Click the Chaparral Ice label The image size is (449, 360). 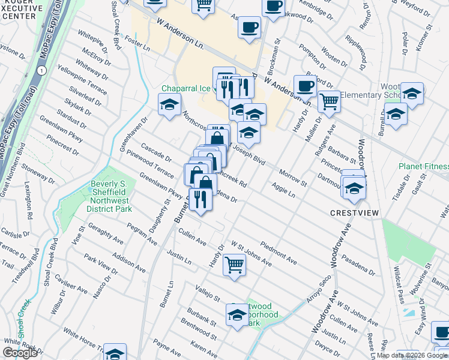coord(185,88)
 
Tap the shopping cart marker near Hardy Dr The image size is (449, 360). coord(234,264)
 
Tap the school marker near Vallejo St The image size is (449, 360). coord(237,314)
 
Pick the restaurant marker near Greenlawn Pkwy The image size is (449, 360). coord(200,199)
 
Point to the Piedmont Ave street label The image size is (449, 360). coord(279,253)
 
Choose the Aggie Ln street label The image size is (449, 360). coord(283,191)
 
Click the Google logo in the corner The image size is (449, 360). coord(20,353)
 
